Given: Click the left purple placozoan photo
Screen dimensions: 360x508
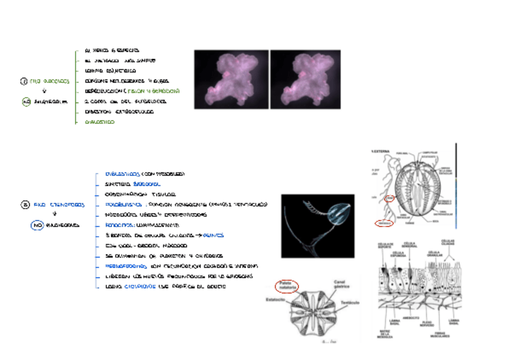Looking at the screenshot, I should click(231, 79).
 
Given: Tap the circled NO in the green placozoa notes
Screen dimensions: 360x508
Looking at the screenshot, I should click(26, 102).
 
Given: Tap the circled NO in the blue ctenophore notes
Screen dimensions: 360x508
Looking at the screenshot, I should click(37, 225).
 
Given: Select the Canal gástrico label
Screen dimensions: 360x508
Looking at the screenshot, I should click(341, 285).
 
